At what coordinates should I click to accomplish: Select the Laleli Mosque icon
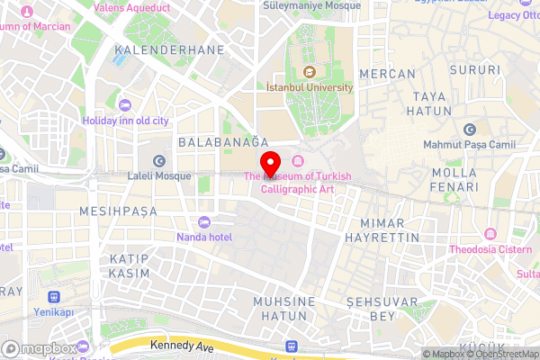159,160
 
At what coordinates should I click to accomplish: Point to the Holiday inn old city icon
125,106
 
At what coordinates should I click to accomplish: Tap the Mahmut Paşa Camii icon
468,130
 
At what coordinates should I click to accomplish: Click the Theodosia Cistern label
490,249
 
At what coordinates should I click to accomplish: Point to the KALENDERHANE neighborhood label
169,49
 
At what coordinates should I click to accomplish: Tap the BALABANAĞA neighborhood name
224,142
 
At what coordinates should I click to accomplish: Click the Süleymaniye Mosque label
311,5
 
